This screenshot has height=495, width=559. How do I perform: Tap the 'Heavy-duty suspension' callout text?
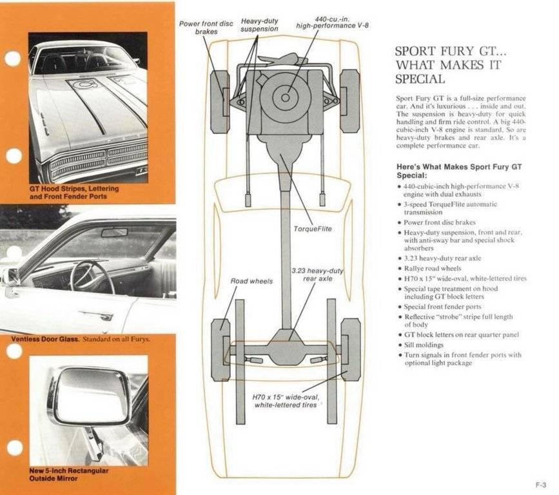point(259,25)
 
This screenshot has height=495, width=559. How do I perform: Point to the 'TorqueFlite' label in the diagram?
point(312,229)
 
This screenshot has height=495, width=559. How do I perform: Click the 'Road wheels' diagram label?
point(251,281)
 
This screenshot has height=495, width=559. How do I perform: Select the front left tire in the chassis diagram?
point(220,101)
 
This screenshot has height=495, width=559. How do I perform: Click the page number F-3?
point(540,485)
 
